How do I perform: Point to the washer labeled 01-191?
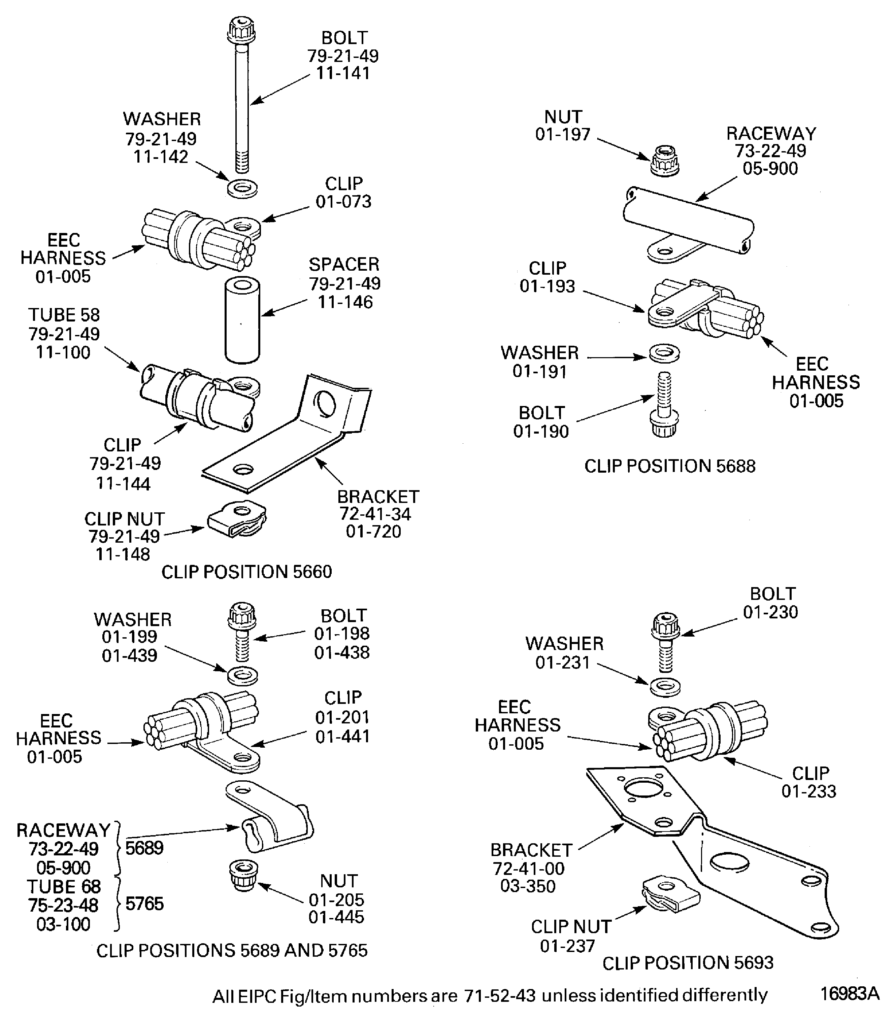click(x=664, y=353)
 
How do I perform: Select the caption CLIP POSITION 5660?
click(x=246, y=572)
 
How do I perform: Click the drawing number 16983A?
click(x=850, y=993)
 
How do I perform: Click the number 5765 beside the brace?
click(x=144, y=904)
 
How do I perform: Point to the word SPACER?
click(x=344, y=264)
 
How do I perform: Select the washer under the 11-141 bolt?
click(x=242, y=188)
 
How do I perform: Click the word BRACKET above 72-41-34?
click(x=378, y=497)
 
